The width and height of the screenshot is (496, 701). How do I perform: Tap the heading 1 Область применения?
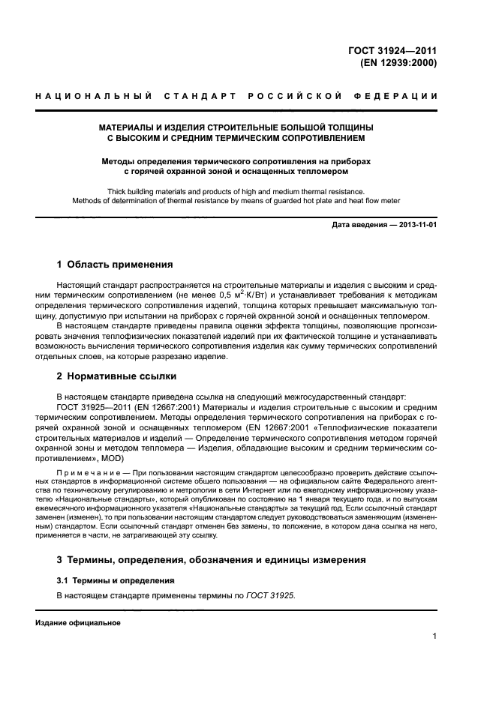[x=115, y=265]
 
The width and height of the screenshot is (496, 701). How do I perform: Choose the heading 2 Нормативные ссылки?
[x=117, y=376]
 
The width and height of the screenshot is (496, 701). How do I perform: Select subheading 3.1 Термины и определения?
[x=116, y=580]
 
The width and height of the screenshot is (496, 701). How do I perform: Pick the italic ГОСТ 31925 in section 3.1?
[x=272, y=595]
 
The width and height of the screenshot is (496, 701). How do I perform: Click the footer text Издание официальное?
[x=78, y=623]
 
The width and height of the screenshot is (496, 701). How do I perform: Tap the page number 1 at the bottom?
[x=434, y=637]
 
